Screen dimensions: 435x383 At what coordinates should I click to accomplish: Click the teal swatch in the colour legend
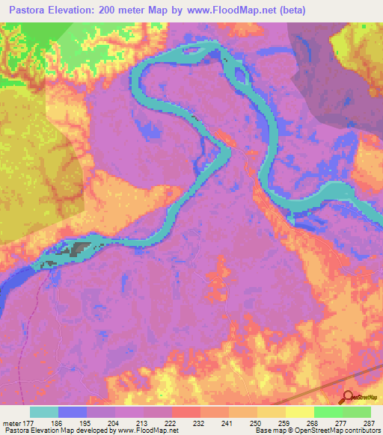click(44, 413)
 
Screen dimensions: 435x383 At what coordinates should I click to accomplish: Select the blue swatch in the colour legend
click(73, 413)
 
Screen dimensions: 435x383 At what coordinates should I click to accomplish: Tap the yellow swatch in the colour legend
click(299, 413)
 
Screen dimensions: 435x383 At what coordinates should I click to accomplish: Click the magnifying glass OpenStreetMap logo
click(346, 398)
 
